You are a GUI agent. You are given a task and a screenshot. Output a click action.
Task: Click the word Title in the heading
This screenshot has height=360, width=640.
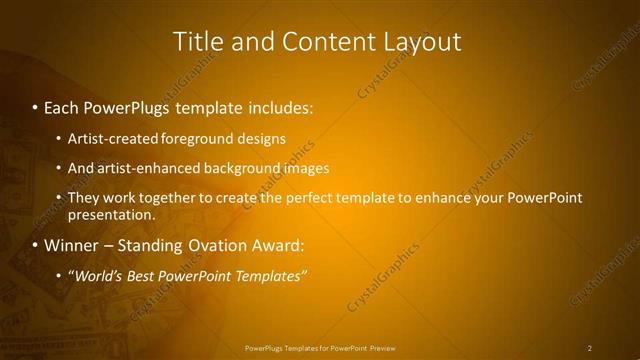point(197,41)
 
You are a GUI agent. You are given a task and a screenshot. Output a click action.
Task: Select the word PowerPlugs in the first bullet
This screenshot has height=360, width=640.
point(127,105)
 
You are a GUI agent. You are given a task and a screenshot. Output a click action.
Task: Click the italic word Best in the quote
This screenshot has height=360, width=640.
point(142,276)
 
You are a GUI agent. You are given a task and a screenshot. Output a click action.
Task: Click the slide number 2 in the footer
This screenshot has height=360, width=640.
point(590,348)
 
